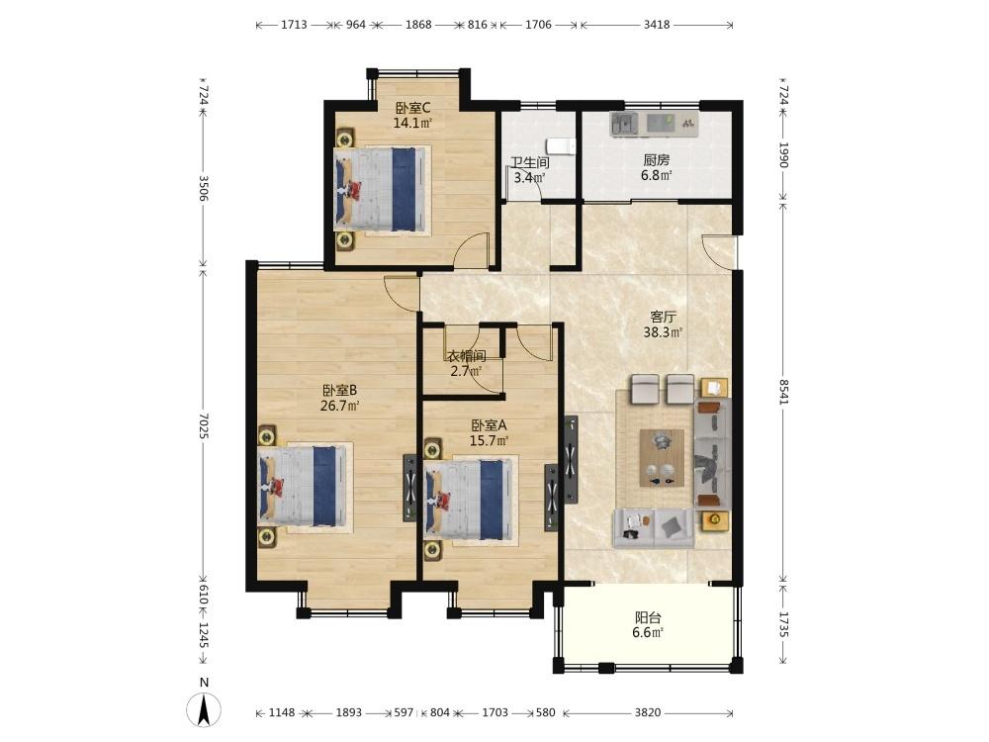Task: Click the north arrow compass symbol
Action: coord(204,709)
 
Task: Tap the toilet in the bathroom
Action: coord(561,145)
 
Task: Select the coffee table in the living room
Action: coord(662,457)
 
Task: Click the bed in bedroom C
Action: coord(382,190)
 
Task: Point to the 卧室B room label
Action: coord(340,390)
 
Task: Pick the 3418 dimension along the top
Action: coord(657,25)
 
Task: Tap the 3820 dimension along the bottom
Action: coord(648,712)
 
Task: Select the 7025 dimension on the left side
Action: coord(203,426)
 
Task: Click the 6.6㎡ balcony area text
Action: coord(648,633)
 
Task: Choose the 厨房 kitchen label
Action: coord(656,160)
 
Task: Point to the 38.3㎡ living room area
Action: coord(664,331)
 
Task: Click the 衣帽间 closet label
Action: coord(467,356)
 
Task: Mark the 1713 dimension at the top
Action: coord(294,25)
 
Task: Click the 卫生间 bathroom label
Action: coord(530,163)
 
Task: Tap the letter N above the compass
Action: coord(204,683)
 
